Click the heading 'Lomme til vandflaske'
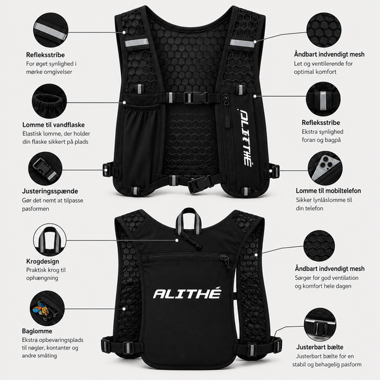click(x=54, y=125)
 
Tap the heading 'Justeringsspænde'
click(x=50, y=191)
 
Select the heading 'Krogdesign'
click(x=42, y=261)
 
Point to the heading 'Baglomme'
click(x=37, y=331)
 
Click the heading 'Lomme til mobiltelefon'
click(x=328, y=191)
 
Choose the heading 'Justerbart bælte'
click(x=320, y=347)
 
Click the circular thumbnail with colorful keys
click(x=47, y=308)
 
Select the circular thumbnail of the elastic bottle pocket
click(x=49, y=101)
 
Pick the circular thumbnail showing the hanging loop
click(x=49, y=240)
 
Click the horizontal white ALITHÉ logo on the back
click(x=187, y=293)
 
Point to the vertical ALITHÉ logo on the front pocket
click(x=245, y=137)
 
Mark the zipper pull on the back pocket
click(x=226, y=262)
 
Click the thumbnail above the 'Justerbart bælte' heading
click(x=320, y=324)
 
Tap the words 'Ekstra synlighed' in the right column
click(x=322, y=132)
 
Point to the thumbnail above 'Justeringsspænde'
click(x=46, y=168)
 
